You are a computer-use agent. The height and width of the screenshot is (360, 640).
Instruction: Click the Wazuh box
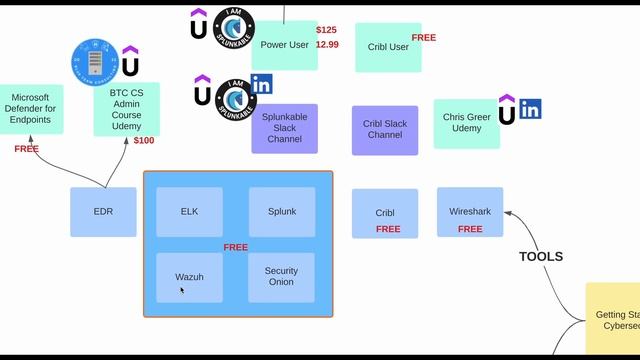pyautogui.click(x=189, y=277)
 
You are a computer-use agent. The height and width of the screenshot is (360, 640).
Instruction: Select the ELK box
pyautogui.click(x=189, y=212)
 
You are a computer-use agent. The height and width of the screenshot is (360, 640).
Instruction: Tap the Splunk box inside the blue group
pyautogui.click(x=282, y=212)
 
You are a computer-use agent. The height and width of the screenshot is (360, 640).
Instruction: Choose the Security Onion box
pyautogui.click(x=282, y=277)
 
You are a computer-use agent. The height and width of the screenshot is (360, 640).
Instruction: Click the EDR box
pyautogui.click(x=103, y=212)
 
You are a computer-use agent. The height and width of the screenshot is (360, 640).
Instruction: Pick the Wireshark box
pyautogui.click(x=470, y=212)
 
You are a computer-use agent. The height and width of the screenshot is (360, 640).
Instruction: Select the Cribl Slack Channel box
pyautogui.click(x=385, y=130)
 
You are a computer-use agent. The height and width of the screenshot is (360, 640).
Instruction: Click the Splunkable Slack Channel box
pyautogui.click(x=284, y=128)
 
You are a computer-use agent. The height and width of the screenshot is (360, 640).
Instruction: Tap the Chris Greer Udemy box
pyautogui.click(x=466, y=123)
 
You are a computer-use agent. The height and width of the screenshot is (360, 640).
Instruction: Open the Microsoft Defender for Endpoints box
pyautogui.click(x=31, y=109)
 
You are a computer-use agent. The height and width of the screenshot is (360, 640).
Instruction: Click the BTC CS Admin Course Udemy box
pyautogui.click(x=127, y=109)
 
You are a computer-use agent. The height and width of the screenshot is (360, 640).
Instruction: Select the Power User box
pyautogui.click(x=284, y=45)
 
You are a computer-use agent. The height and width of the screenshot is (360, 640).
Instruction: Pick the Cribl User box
pyautogui.click(x=387, y=47)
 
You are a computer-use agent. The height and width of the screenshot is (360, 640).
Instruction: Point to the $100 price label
pyautogui.click(x=144, y=141)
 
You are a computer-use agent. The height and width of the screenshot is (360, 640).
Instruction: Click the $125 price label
pyautogui.click(x=327, y=30)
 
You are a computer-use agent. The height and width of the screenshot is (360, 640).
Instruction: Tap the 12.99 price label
pyautogui.click(x=327, y=45)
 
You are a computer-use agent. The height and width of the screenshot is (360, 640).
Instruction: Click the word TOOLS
pyautogui.click(x=540, y=257)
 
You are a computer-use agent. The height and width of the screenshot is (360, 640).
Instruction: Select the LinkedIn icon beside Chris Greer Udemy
pyautogui.click(x=530, y=109)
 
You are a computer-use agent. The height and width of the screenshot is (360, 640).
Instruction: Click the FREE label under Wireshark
pyautogui.click(x=470, y=229)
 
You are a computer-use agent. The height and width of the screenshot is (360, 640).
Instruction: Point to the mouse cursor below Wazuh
pyautogui.click(x=181, y=290)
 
